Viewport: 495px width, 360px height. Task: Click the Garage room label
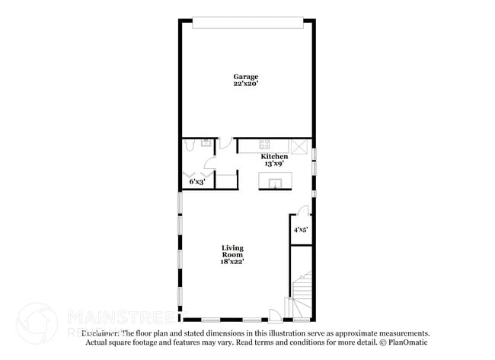[245, 76]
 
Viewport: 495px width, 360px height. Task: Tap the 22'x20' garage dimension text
[245, 84]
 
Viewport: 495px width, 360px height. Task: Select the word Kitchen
[274, 157]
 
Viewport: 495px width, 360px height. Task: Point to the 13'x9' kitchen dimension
[274, 164]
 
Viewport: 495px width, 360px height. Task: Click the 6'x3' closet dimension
[196, 181]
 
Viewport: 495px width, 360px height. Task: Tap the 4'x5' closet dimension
[301, 228]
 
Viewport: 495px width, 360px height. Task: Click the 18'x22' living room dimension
[232, 262]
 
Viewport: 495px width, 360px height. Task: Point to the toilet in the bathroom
[190, 144]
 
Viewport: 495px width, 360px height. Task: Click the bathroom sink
[206, 143]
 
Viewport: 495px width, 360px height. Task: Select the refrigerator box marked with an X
[301, 146]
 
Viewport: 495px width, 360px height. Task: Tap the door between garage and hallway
[226, 143]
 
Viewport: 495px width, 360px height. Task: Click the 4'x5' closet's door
[303, 212]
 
